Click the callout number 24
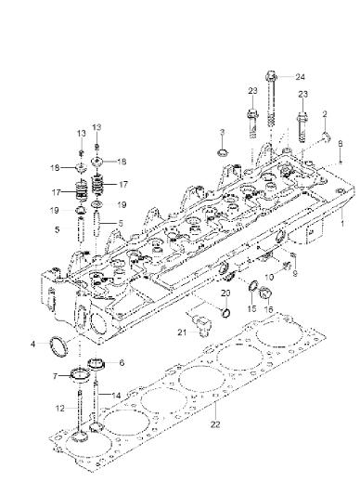coord(300,77)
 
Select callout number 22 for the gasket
coord(215,424)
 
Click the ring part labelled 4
coord(59,347)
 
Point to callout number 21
coord(182,332)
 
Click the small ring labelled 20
coord(225,313)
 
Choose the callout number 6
coord(122,363)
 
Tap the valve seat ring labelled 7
coord(80,375)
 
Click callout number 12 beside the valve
coord(60,409)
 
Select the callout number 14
coord(116,395)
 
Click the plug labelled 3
coord(223,153)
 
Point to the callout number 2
coord(325,114)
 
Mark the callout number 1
coord(342,224)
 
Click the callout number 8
coord(341,144)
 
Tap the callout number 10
coord(269,277)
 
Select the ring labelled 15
coord(253,286)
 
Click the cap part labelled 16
coord(265,293)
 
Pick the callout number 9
coord(295,273)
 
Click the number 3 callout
coord(222,132)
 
